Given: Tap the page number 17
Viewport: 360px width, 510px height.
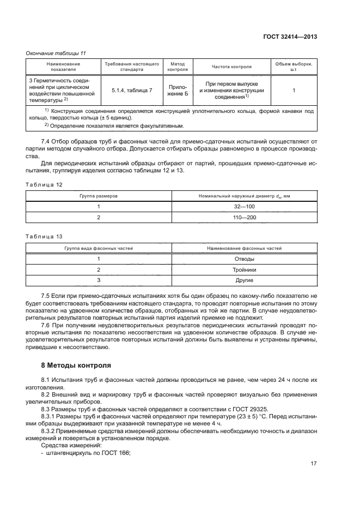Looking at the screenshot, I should (313, 464).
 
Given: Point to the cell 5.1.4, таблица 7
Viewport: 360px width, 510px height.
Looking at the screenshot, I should (132, 89).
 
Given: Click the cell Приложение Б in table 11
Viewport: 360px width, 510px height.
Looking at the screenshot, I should (178, 89).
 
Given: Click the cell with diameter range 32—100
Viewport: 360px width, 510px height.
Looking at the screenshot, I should (243, 206).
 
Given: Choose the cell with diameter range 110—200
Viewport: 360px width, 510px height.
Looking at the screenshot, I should (243, 218).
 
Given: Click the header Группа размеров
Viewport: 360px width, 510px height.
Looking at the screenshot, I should (99, 195).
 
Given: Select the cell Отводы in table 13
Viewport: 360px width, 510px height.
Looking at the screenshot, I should (243, 259).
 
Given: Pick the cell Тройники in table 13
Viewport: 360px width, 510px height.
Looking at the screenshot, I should (243, 269).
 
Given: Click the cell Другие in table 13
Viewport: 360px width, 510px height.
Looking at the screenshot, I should (243, 280).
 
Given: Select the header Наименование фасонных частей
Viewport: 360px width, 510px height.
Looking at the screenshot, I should (244, 248).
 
